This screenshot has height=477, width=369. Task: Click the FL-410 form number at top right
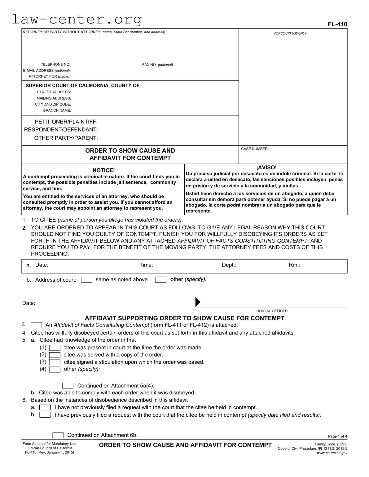click(337, 24)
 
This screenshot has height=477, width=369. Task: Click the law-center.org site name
click(77, 19)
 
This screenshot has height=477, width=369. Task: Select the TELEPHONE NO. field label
click(56, 65)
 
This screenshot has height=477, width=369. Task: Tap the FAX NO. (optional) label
click(158, 65)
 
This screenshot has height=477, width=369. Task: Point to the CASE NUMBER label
click(255, 149)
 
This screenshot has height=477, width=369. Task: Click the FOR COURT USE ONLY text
click(290, 33)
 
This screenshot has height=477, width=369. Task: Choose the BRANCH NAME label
click(57, 111)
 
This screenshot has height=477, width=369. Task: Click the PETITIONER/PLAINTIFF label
click(66, 122)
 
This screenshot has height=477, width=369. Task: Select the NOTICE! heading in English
click(103, 170)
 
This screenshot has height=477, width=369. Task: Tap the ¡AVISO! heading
click(266, 167)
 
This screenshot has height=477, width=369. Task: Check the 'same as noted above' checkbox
click(87, 280)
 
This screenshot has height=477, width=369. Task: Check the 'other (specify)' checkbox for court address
click(160, 280)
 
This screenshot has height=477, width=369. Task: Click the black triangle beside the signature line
click(198, 302)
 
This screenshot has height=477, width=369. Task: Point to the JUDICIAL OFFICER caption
click(271, 311)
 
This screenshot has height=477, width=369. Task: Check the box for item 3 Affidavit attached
click(37, 325)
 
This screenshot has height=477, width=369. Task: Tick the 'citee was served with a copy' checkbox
click(55, 355)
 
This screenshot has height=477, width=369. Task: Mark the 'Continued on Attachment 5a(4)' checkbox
click(68, 386)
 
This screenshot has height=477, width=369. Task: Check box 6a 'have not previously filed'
click(45, 408)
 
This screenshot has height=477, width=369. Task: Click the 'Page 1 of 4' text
click(337, 436)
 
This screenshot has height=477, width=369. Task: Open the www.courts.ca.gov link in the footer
click(332, 453)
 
